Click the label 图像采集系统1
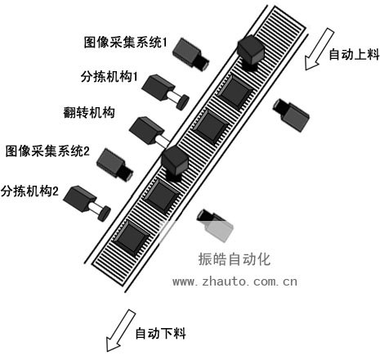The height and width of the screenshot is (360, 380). click(125, 43)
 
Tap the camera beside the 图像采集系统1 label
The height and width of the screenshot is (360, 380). click(190, 55)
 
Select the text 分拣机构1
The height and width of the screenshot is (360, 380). click(109, 77)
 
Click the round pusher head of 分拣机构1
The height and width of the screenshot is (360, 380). click(183, 101)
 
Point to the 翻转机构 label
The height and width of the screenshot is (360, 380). click(89, 112)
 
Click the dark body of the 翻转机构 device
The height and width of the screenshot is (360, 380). click(146, 130)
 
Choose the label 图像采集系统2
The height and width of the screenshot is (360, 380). click(47, 151)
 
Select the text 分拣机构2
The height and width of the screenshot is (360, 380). click(29, 191)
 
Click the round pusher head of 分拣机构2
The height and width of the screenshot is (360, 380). click(105, 214)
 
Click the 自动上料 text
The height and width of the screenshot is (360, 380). click(354, 54)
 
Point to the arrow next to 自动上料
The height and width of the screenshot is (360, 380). click(319, 49)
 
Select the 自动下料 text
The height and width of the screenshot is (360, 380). click(160, 333)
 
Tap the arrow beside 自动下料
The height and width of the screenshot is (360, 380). click(120, 331)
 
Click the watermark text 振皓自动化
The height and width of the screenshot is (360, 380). click(235, 259)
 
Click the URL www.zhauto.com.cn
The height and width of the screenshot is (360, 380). click(235, 281)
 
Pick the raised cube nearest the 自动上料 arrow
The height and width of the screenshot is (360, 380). click(251, 51)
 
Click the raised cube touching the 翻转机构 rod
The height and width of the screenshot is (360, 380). click(175, 163)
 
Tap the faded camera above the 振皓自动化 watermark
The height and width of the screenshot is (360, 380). click(215, 225)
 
